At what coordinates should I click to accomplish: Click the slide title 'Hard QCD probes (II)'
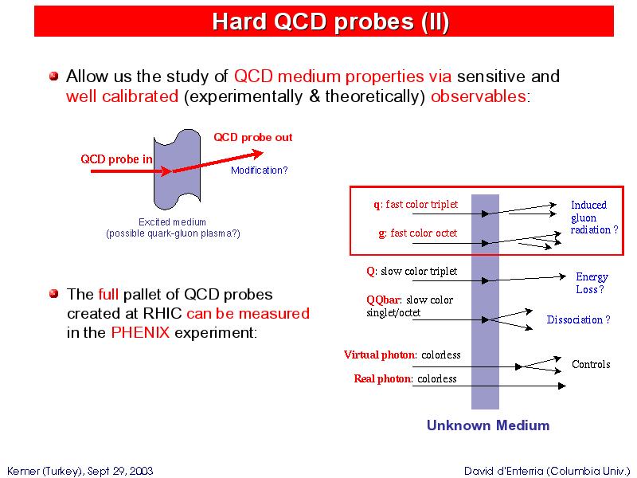[x=330, y=22]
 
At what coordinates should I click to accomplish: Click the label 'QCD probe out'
[x=252, y=137]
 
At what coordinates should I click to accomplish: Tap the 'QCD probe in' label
[x=116, y=159]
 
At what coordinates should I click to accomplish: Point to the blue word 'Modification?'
[x=260, y=170]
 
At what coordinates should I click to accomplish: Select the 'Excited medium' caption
[x=172, y=222]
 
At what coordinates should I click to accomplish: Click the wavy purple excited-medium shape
[x=177, y=191]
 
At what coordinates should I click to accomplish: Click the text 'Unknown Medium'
[x=488, y=425]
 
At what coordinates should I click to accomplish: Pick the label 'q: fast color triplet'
[x=416, y=204]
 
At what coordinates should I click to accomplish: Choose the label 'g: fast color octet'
[x=417, y=233]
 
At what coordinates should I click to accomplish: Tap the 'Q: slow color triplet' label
[x=412, y=271]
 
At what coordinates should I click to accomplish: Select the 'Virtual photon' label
[x=380, y=355]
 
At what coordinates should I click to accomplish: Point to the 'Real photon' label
[x=382, y=378]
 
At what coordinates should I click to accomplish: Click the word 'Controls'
[x=591, y=364]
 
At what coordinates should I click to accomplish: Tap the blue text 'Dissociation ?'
[x=579, y=319]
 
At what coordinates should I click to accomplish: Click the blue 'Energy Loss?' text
[x=592, y=283]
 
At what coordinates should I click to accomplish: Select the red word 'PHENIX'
[x=140, y=332]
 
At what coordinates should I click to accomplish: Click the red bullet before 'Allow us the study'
[x=53, y=76]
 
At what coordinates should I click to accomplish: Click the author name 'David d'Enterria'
[x=504, y=471]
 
